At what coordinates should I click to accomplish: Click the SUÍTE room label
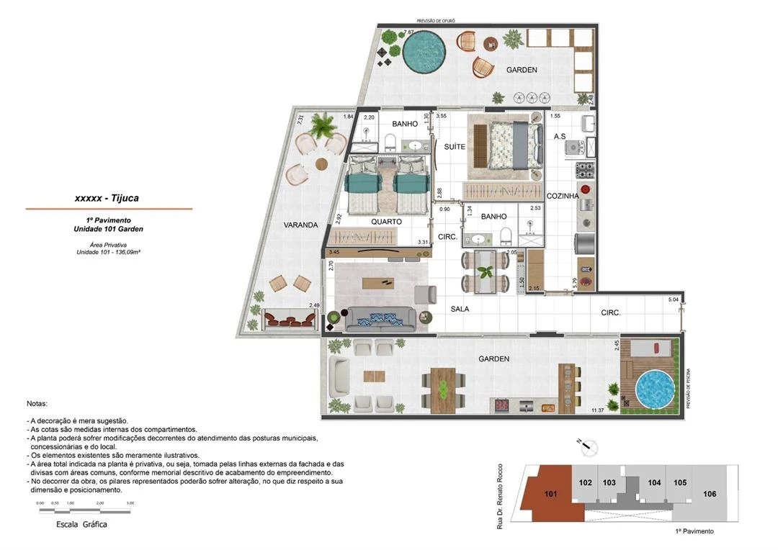coord(455,147)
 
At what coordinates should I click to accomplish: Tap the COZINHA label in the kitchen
coord(563,196)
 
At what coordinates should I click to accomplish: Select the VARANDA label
coord(300,225)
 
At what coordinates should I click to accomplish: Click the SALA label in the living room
coord(460,309)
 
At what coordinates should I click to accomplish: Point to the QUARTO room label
coord(386,222)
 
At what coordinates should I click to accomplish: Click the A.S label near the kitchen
coord(560,137)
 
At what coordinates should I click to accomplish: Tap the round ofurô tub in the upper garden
coord(425,54)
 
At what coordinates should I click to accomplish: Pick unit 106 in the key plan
coord(710,494)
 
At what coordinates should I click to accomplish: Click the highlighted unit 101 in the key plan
coord(550,494)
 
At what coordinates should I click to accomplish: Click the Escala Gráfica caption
coord(81,525)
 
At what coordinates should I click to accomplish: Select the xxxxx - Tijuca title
coord(107,198)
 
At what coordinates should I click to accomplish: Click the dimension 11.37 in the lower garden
coord(597,410)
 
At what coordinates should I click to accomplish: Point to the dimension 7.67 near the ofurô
coord(408,32)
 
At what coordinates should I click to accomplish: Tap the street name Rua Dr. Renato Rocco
coord(499,497)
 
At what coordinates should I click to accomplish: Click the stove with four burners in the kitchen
coord(583,171)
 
